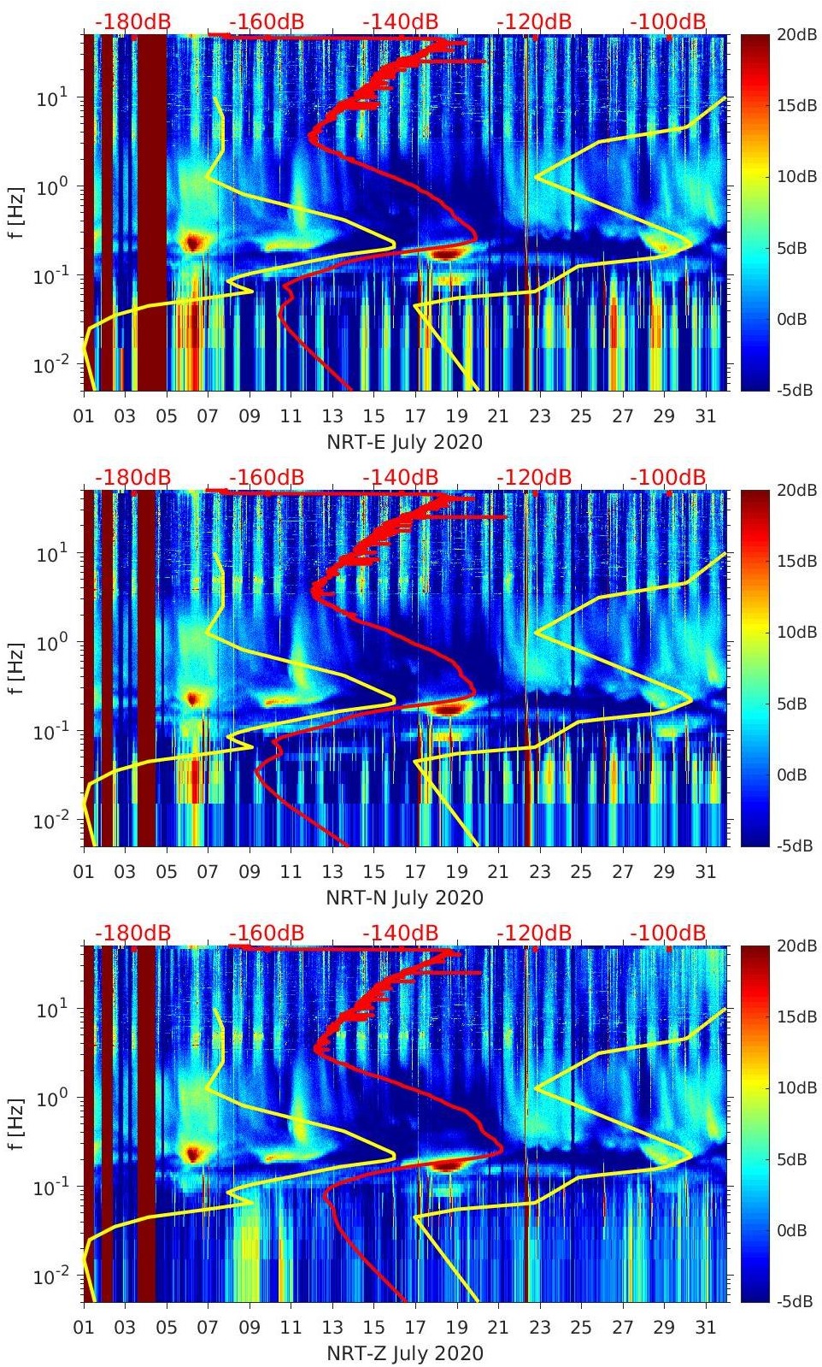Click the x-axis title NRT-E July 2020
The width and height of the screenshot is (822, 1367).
click(x=404, y=442)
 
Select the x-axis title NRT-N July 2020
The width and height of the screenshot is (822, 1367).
click(x=404, y=898)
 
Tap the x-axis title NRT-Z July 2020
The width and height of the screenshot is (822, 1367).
click(x=404, y=1353)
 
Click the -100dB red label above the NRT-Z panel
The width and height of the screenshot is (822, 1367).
click(x=668, y=933)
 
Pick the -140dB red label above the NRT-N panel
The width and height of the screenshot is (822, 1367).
click(x=400, y=477)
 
